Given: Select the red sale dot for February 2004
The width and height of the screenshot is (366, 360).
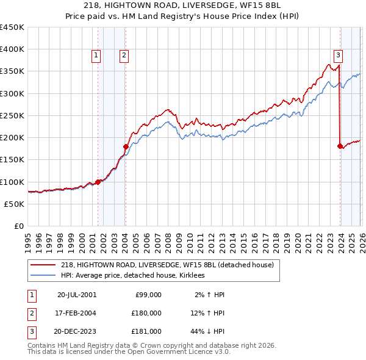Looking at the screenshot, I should pyautogui.click(x=126, y=146).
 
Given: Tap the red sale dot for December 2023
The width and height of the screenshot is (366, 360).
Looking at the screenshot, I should pyautogui.click(x=340, y=146).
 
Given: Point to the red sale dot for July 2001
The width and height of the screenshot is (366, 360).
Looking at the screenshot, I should pyautogui.click(x=98, y=182).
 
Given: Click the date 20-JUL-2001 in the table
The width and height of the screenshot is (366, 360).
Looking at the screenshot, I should pyautogui.click(x=76, y=295).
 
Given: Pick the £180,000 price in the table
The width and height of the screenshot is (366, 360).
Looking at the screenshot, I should pyautogui.click(x=146, y=313).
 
